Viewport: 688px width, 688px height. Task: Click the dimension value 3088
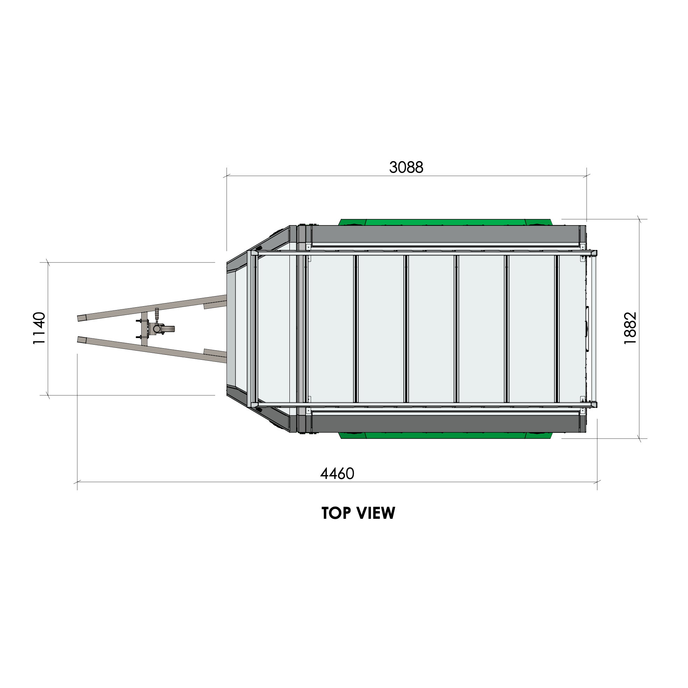(x=406, y=167)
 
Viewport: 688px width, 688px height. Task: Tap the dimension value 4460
(x=337, y=474)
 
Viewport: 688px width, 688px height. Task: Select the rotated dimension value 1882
(x=630, y=328)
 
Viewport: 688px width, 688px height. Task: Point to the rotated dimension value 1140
(x=39, y=328)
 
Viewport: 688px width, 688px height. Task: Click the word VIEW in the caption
(x=376, y=513)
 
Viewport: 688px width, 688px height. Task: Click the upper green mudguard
(x=445, y=222)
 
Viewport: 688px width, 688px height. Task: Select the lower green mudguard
(x=445, y=435)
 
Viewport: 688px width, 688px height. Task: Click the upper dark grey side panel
(x=445, y=234)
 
